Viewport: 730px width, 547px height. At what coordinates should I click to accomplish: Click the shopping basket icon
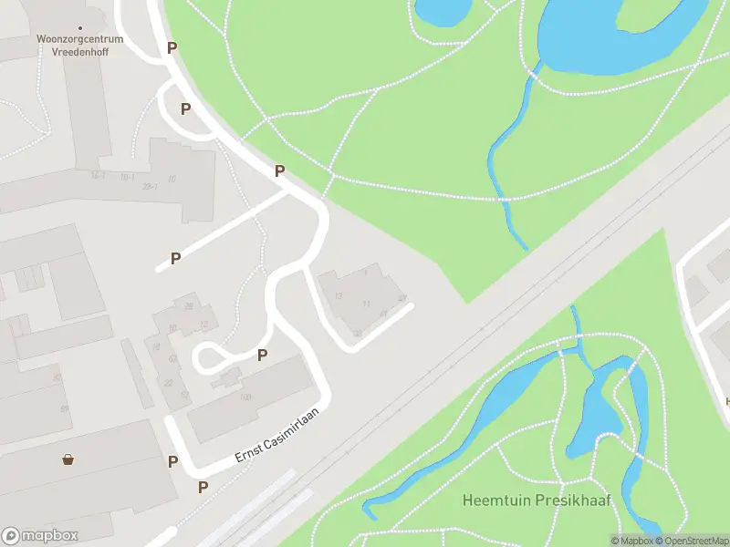[x=68, y=459]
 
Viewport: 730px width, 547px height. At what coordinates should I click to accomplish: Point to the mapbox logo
[x=40, y=535]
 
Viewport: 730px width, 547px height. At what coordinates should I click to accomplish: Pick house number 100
[x=245, y=397]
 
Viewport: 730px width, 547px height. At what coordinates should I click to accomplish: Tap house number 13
[x=338, y=296]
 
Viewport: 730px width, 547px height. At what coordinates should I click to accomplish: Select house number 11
[x=366, y=304]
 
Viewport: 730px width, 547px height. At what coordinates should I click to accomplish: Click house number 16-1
[x=98, y=175]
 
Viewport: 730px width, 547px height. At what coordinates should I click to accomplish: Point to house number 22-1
[x=151, y=187]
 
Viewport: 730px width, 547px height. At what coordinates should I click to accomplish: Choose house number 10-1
[x=127, y=177]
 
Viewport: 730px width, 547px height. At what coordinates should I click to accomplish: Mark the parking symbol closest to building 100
[x=263, y=356]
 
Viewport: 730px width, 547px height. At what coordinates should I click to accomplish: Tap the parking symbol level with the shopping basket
[x=172, y=461]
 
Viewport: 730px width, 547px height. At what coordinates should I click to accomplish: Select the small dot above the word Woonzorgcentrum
[x=80, y=28]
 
